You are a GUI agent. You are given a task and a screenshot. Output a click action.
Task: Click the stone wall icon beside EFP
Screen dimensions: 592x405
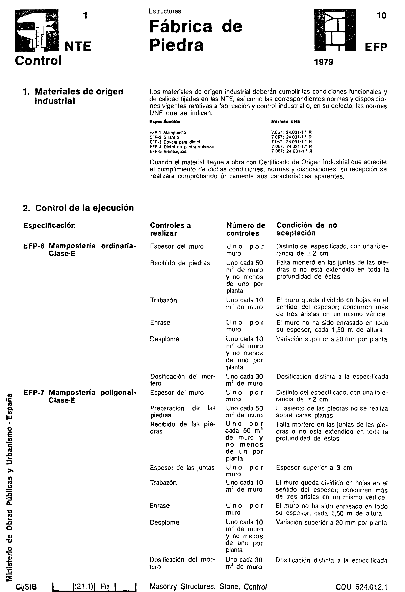tap(335, 30)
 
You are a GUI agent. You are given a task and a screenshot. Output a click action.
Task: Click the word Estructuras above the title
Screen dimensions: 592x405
tap(165, 11)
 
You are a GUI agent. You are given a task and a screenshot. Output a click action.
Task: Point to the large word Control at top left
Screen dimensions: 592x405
tap(38, 61)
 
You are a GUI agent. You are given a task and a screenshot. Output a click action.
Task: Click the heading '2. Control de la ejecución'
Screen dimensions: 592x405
tap(78, 208)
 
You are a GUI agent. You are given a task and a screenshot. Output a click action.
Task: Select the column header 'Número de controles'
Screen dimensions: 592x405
tap(246, 229)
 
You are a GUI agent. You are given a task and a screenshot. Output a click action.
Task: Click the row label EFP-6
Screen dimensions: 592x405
tap(34, 246)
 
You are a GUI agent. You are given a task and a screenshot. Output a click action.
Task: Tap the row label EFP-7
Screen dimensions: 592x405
tap(34, 393)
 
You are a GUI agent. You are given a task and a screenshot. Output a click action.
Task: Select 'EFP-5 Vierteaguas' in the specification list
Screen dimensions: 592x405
tap(168, 151)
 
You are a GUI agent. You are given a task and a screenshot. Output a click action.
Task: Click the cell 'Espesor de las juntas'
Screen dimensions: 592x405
tap(182, 468)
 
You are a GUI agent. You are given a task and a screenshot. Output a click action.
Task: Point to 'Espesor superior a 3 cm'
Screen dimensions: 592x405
tap(314, 468)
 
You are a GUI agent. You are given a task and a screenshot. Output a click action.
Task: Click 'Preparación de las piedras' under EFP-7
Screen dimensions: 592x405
tap(182, 412)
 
